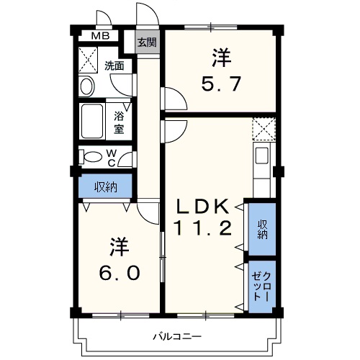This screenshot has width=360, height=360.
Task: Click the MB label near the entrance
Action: coord(100,35)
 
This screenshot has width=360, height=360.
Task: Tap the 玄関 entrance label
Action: coord(146,42)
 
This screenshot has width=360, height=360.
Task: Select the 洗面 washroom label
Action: coord(114,66)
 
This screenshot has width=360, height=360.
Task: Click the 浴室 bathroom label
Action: coord(119,122)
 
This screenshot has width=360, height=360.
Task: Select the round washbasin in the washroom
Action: coord(86,86)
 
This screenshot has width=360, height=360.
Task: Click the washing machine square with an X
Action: coord(90,57)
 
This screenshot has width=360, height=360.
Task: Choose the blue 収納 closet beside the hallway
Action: coord(105,186)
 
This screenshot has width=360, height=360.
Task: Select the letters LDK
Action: coord(204,206)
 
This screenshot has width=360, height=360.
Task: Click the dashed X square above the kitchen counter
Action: coord(262,129)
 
